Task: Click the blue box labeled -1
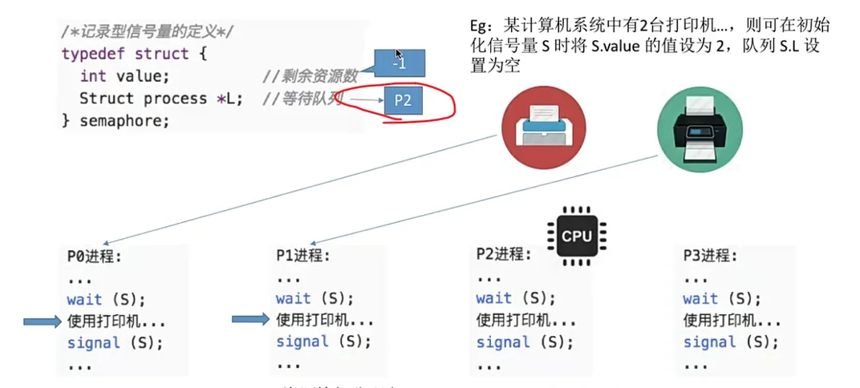click(x=399, y=63)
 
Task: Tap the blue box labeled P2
click(x=403, y=102)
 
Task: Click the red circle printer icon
click(x=543, y=127)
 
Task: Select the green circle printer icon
click(x=699, y=127)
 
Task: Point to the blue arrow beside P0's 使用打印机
click(x=43, y=321)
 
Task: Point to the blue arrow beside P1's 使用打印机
click(x=250, y=320)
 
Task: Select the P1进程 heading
click(x=303, y=257)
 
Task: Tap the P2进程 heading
click(x=504, y=255)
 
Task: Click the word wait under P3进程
click(x=700, y=299)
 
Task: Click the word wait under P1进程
click(x=294, y=299)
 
